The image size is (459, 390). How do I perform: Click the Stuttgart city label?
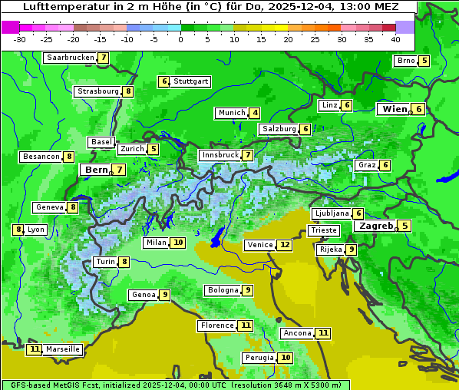pos(190,81)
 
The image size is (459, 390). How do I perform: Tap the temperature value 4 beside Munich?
pos(255,113)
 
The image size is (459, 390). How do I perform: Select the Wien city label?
pos(395,110)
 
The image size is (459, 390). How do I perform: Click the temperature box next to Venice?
pos(285,245)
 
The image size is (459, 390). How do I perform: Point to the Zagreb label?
pos(376,226)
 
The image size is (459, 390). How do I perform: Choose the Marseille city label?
pos(63,349)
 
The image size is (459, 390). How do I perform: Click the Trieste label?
pos(323,230)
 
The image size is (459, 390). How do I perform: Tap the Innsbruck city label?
pos(220,155)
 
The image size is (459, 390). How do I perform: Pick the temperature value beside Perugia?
pos(286,358)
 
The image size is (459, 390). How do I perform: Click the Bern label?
pos(97,170)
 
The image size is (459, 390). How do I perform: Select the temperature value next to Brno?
pos(424,61)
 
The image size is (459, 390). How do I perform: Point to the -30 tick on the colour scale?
pos(20,38)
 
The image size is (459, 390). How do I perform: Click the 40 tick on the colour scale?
pos(395,38)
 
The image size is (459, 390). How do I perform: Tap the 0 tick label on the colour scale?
pos(180,38)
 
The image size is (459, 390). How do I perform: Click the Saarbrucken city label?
pos(70,58)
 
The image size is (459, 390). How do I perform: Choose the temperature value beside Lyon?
pos(18,230)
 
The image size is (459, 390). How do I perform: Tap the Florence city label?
pos(217,326)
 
